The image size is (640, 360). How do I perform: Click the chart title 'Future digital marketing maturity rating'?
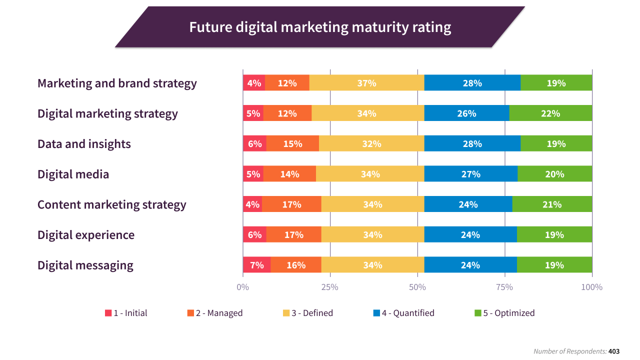coord(320,27)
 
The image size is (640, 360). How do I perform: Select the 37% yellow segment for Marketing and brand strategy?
coord(366,83)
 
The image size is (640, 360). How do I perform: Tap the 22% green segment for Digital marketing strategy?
coord(550,113)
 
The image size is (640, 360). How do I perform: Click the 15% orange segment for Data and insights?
coord(292,144)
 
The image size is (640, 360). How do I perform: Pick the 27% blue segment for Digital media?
coord(470,174)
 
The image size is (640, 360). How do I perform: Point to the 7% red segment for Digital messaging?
coord(256,265)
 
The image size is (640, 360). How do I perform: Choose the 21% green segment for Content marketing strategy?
coord(552,204)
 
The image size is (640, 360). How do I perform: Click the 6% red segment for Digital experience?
coord(254,235)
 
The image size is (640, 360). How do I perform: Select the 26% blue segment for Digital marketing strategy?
coord(466,113)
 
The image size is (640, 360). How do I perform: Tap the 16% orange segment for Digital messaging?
coord(296,265)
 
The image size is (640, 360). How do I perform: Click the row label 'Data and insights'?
coord(84,144)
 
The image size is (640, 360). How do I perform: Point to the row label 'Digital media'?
coord(73,174)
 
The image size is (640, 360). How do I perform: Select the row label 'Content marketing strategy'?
coord(111,204)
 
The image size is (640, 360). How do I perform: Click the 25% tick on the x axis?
coord(330,287)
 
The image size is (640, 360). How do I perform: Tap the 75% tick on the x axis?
coord(504,287)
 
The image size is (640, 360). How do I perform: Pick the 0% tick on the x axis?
coord(242,287)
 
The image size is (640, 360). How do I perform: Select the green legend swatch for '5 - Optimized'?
coord(478,313)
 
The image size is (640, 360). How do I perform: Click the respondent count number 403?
coord(614,351)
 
